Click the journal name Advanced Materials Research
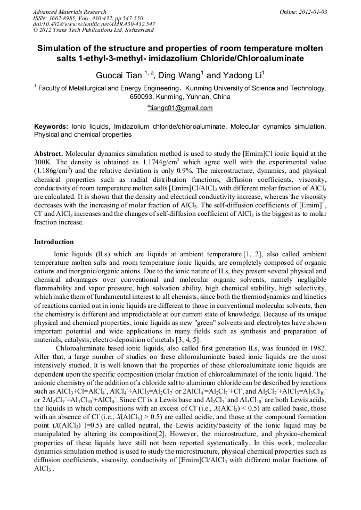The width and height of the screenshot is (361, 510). pyautogui.click(x=69, y=12)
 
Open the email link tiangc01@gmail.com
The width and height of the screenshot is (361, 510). pyautogui.click(x=181, y=108)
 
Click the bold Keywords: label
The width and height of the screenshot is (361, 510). pyautogui.click(x=51, y=127)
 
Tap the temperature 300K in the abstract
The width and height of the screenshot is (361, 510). pyautogui.click(x=44, y=161)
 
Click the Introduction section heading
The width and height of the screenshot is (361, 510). pyautogui.click(x=54, y=242)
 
